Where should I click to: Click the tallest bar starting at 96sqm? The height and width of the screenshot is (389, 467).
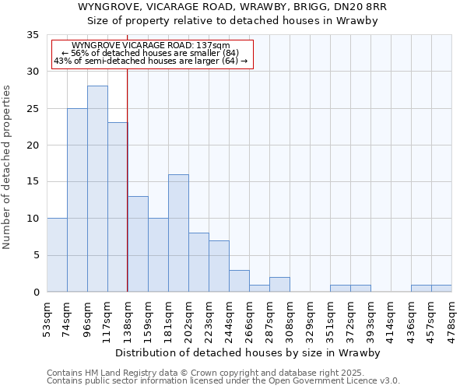click(97, 189)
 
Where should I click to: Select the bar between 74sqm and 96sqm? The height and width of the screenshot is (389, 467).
click(77, 200)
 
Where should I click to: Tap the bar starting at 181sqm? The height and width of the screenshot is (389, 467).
click(178, 233)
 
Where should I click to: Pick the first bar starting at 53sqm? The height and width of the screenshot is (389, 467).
click(57, 255)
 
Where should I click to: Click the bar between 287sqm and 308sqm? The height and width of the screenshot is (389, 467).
click(279, 285)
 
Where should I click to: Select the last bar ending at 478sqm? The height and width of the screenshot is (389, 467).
click(441, 289)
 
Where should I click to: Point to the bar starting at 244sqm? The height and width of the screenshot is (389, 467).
click(239, 281)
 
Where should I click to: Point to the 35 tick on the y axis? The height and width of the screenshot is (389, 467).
click(33, 35)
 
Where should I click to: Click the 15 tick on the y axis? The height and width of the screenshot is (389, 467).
click(33, 182)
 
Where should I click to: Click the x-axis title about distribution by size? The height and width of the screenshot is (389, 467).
click(249, 352)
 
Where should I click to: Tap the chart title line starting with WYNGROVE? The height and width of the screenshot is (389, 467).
click(233, 7)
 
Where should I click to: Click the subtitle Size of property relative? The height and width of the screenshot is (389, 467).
click(233, 21)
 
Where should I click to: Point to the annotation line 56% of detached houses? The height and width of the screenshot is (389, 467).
click(150, 53)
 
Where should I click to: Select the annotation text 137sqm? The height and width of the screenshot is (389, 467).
click(150, 45)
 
